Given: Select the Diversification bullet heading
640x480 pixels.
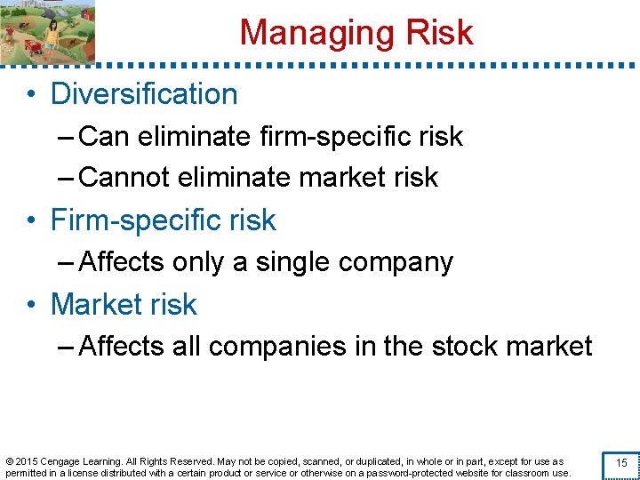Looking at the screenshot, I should [x=144, y=94].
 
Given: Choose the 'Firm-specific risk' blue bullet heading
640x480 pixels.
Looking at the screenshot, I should [x=164, y=220].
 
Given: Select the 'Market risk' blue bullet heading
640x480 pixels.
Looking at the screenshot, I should [x=124, y=304].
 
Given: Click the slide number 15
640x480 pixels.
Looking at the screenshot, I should [x=621, y=463].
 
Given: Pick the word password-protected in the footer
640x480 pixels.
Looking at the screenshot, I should [x=420, y=473].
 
